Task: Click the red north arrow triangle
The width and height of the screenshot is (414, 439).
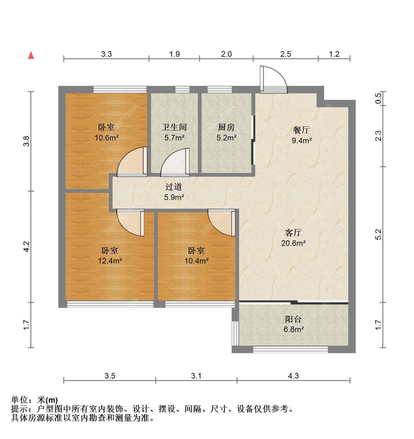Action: point(31,55)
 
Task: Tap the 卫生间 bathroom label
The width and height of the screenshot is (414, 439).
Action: point(174,127)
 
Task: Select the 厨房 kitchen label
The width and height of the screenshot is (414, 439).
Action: point(226,127)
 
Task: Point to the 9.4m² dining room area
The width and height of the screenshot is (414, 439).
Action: point(302,140)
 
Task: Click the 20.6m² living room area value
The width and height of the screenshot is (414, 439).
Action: point(293,243)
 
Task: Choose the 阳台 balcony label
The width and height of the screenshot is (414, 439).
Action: point(293,319)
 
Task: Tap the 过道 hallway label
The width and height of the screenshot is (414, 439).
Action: point(174,187)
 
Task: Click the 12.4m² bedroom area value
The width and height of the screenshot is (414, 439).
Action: point(110,261)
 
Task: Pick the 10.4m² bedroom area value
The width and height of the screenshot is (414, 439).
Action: point(196,261)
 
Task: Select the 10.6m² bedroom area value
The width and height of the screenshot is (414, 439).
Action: point(107,138)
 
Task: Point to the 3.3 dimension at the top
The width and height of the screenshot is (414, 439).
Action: point(106,54)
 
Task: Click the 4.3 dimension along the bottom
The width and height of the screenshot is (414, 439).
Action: point(293,376)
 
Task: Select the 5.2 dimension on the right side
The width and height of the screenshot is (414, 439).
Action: point(378,234)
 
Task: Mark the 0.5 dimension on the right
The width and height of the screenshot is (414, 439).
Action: point(378,98)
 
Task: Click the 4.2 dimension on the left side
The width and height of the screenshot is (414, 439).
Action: point(26,247)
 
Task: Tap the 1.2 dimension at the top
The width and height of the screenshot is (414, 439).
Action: point(334,54)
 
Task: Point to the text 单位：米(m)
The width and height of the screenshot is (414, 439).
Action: point(34,400)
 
